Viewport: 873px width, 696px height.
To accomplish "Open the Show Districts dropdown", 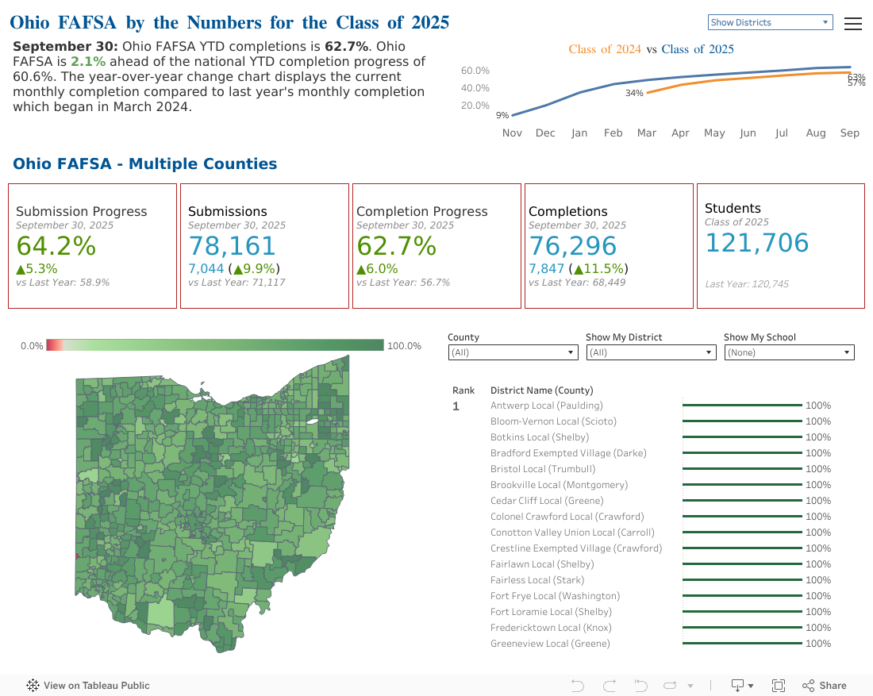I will point(769,22).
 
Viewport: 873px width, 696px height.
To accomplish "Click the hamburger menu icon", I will point(853,24).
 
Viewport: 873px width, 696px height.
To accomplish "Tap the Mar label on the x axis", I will point(647,133).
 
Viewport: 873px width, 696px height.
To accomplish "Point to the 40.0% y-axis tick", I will point(475,88).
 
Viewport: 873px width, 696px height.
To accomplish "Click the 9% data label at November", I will point(502,116).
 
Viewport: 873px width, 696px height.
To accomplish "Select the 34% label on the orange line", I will point(634,94).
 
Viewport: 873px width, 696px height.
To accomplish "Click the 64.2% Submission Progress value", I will point(56,246).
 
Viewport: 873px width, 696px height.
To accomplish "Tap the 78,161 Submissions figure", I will point(232,246).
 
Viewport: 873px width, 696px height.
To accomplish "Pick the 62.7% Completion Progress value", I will point(397,246).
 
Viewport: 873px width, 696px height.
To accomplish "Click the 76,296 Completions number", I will point(572,246).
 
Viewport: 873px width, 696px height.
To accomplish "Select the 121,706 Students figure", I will point(756,243).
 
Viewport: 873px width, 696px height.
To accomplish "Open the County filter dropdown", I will point(513,352).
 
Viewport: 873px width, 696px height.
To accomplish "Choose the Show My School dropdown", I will point(789,352).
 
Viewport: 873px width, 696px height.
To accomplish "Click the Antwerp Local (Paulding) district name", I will point(547,406).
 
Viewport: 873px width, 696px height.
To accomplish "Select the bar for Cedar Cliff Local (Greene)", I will point(742,501).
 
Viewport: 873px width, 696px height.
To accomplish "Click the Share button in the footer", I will point(825,686).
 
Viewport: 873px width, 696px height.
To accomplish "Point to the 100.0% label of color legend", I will point(404,346).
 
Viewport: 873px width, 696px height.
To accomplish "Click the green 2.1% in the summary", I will point(87,62).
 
